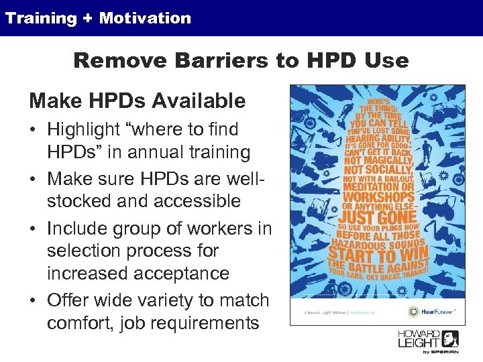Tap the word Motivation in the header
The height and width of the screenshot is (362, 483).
[x=145, y=18]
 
